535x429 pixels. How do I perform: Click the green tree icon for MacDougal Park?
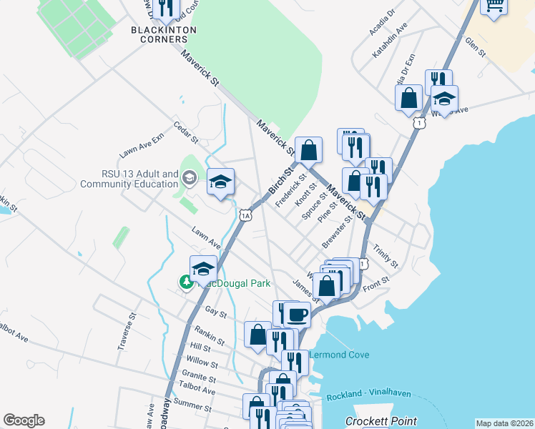coord(187,282)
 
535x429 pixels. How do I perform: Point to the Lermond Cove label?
coord(339,355)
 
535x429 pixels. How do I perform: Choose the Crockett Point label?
coord(381,421)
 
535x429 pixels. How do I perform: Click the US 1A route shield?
coord(245,214)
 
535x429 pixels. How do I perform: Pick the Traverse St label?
coord(127,331)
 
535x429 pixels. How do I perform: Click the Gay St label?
coord(215,313)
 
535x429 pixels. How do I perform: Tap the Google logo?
coord(24,420)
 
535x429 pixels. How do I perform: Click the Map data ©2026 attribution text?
coord(504,423)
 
